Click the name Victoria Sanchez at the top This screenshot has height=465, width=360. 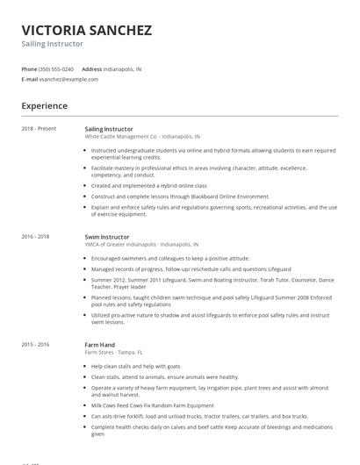point(86,29)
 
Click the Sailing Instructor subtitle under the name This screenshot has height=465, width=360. point(53,44)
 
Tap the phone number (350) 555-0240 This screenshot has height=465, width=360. point(56,68)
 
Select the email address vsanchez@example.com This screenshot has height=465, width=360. point(68,79)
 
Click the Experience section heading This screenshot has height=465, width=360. point(44,106)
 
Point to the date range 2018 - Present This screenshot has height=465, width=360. point(39,129)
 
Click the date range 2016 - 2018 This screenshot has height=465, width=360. point(35,237)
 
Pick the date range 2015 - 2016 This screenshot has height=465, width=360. point(35,345)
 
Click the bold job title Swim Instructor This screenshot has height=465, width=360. point(107,237)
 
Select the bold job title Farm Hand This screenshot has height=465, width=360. point(99,345)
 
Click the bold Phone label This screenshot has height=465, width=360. point(29,68)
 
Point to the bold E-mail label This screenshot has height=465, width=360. point(29,79)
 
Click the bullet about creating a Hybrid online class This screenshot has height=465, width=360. point(149,186)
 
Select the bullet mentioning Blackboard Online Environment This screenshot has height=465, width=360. point(180,197)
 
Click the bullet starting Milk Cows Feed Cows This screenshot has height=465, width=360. point(152,405)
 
